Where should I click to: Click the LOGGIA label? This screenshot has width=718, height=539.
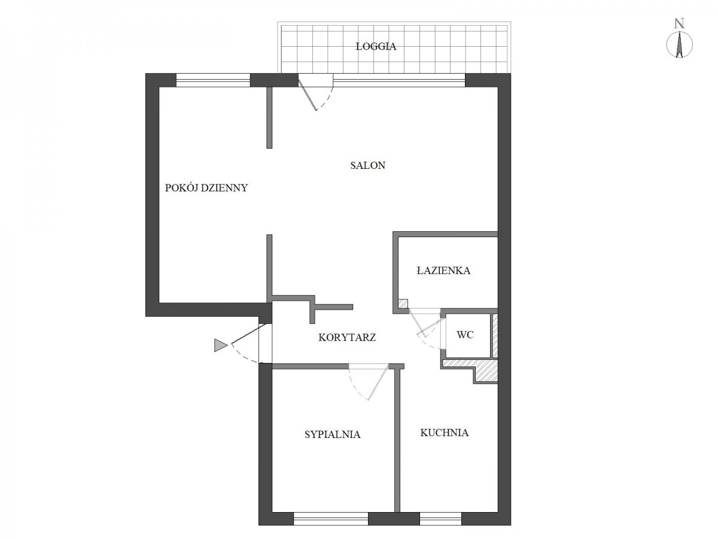coord(376,47)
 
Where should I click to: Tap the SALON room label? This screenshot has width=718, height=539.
coord(367,165)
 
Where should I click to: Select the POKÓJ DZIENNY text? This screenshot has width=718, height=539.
coord(206,188)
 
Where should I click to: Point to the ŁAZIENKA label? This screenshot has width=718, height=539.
coord(443,270)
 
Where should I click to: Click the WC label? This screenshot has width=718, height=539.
coord(465,335)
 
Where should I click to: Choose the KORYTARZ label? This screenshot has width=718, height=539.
coord(347,337)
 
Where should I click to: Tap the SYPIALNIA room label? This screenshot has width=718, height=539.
coord(332,434)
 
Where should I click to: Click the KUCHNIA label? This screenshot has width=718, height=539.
coord(444,432)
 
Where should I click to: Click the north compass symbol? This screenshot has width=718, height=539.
coord(679,45)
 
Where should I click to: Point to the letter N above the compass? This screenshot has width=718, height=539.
coord(679,23)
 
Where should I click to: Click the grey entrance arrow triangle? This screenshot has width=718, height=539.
coord(220,346)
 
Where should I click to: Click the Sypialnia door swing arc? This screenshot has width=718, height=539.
coord(355,387)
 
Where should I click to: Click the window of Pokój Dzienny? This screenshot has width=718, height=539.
coord(213,80)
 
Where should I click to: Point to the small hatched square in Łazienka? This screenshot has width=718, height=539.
coord(403,304)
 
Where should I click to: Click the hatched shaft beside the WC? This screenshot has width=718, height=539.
coord(495,335)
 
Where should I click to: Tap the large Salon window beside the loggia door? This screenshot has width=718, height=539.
coord(399,80)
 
